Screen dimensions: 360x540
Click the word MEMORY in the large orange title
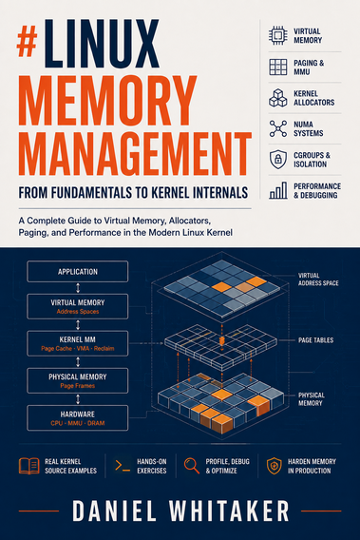[107, 100]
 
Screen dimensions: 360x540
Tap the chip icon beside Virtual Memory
[277, 35]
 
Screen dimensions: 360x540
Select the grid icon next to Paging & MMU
[277, 67]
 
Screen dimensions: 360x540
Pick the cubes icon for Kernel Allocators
[277, 98]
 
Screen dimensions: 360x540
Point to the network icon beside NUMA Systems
[277, 128]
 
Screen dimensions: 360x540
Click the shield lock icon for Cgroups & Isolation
[277, 159]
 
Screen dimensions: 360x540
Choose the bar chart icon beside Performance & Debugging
[277, 190]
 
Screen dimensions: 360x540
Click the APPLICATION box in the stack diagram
[78, 271]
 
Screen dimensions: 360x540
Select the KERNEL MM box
[78, 343]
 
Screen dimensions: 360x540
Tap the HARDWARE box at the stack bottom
[78, 417]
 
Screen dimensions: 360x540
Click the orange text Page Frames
[78, 386]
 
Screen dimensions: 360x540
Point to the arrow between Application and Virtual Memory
[78, 288]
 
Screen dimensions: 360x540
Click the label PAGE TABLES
[315, 340]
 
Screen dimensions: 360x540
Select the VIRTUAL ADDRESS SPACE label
[318, 280]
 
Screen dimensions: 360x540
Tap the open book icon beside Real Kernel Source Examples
[28, 466]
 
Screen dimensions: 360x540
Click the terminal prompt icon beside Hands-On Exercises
[123, 466]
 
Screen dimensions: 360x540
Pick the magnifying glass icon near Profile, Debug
[192, 466]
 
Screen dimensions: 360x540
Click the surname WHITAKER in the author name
[229, 511]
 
